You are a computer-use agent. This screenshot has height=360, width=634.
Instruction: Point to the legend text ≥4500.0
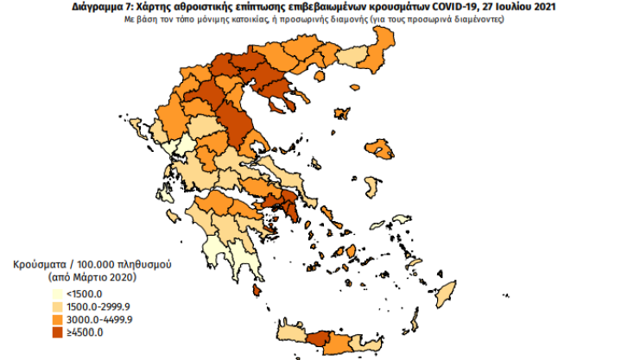click(x=83, y=332)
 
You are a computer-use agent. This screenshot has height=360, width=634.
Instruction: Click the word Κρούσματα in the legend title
click(x=37, y=263)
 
